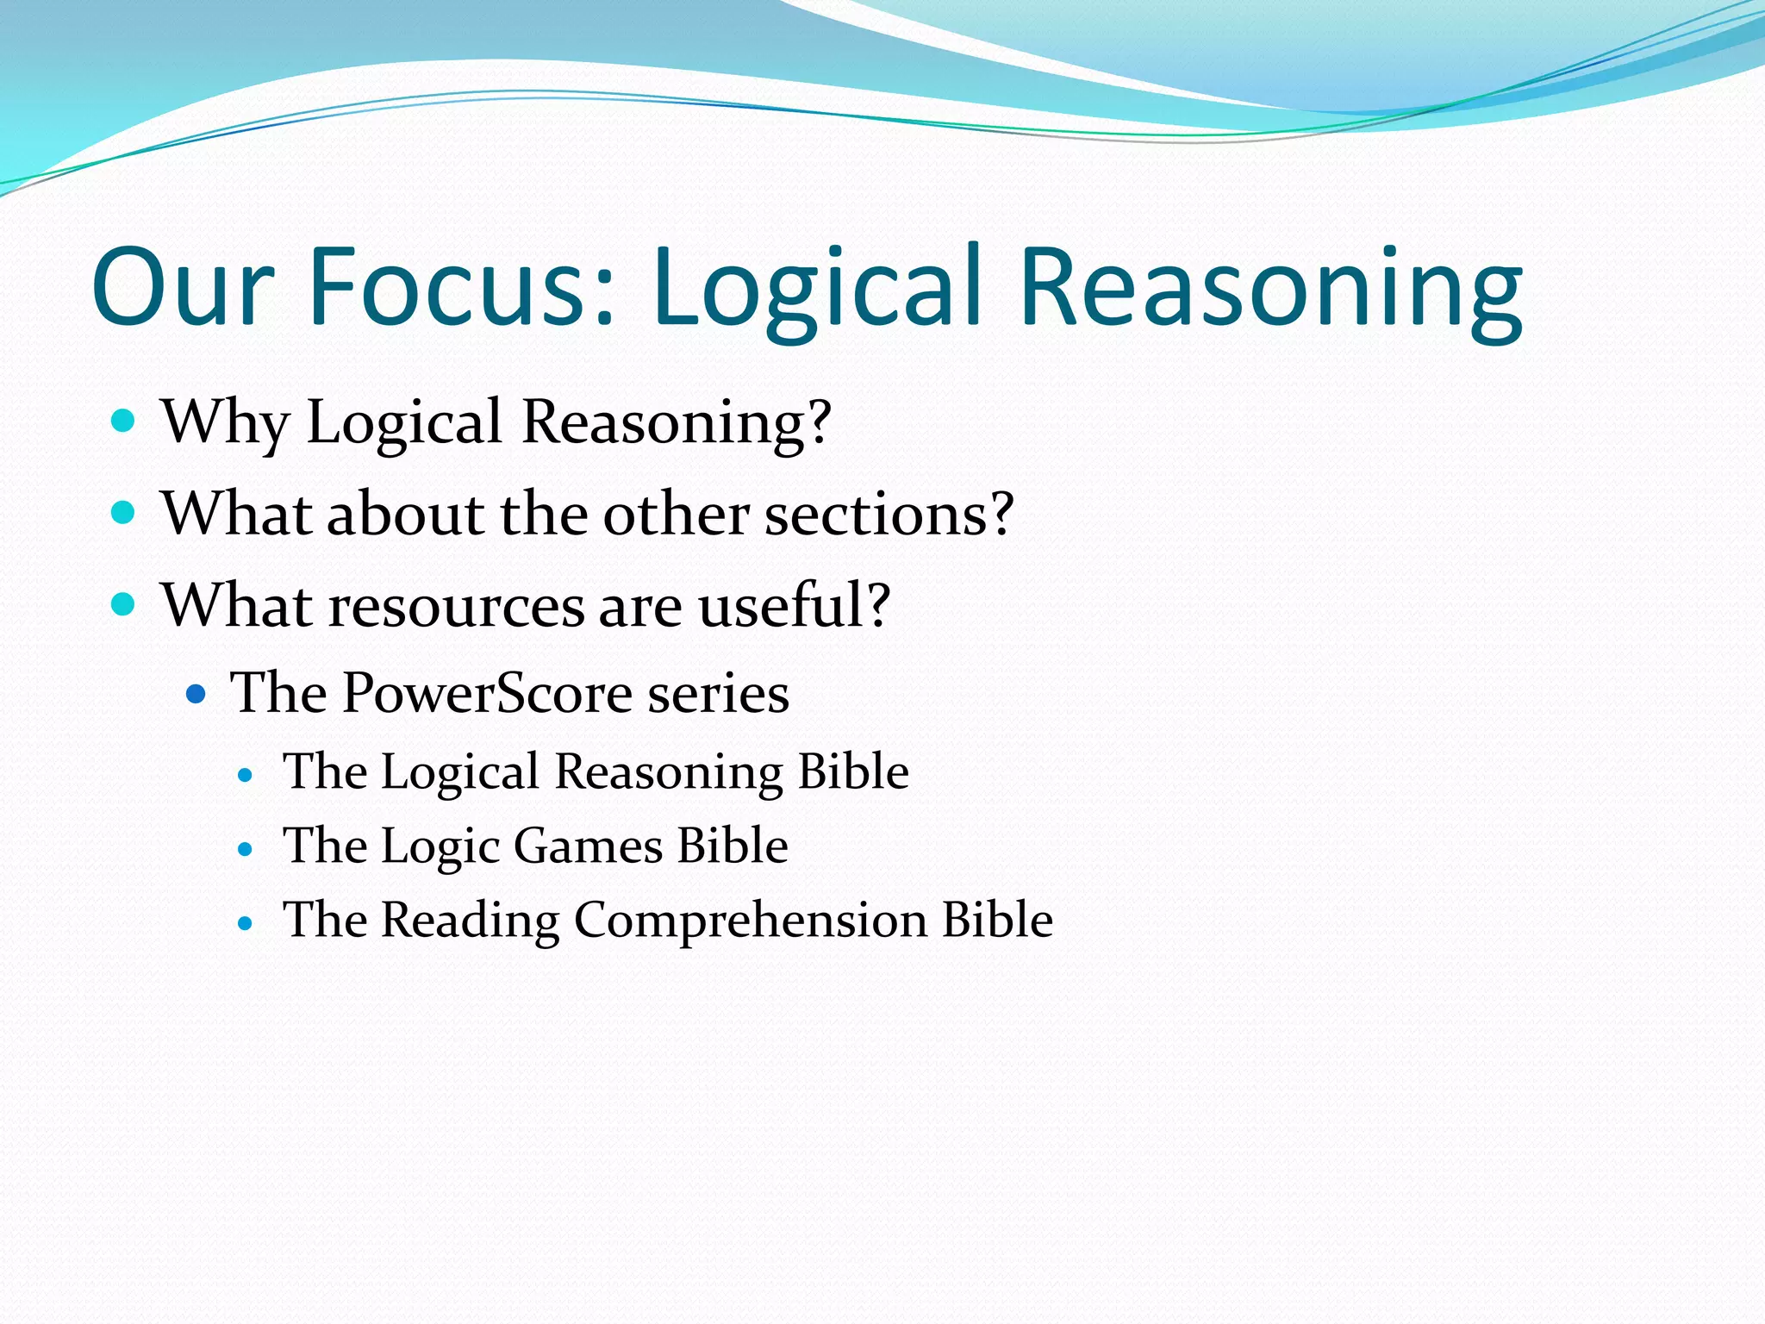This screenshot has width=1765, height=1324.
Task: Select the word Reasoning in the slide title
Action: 1270,289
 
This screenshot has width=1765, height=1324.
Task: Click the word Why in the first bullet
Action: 225,422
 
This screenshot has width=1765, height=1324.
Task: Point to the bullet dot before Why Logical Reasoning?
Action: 124,422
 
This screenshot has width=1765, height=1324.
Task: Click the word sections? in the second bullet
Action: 889,514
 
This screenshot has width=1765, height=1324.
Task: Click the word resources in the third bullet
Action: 457,606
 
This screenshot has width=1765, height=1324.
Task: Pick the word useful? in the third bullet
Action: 794,605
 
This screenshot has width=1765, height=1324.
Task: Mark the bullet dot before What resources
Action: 124,604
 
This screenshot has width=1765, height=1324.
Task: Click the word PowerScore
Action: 487,693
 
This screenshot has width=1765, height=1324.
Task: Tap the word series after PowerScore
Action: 718,694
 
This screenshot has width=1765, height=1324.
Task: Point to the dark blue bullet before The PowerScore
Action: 196,693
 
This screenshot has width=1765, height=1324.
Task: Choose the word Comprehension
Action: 750,921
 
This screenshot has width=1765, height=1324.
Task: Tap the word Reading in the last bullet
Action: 470,921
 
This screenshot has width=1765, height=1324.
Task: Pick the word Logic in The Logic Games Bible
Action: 440,846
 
